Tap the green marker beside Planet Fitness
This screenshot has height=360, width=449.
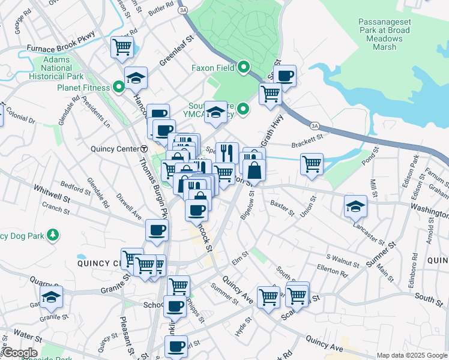[119, 88]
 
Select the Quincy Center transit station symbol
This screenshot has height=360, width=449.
[144, 148]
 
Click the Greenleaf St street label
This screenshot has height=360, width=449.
[178, 51]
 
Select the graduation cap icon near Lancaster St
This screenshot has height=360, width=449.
[355, 206]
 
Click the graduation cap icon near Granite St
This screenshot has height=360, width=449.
[52, 296]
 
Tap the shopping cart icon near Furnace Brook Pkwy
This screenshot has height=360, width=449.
[122, 47]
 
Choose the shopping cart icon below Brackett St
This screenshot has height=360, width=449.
[312, 163]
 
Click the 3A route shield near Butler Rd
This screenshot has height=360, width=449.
[183, 10]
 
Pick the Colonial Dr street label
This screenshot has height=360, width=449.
[22, 118]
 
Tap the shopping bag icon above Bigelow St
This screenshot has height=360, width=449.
[255, 170]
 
